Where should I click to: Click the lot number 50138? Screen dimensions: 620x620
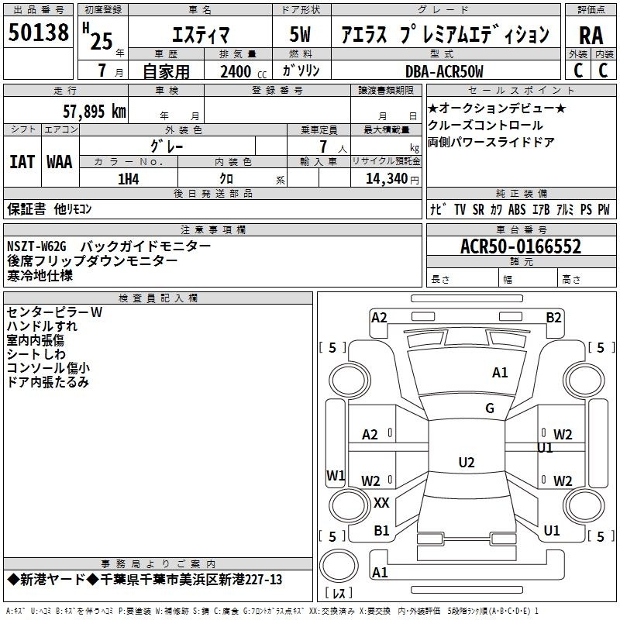pos(38,33)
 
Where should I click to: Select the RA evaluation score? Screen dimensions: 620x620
pos(591,35)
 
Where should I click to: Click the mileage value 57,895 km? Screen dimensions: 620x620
pos(94,112)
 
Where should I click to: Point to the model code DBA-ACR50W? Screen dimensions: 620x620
pos(444,71)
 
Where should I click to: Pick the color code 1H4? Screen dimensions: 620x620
pos(129,178)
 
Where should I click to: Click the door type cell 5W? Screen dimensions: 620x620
pos(302,35)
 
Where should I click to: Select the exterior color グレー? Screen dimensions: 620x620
pos(167,145)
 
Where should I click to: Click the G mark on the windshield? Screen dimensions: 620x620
pos(490,408)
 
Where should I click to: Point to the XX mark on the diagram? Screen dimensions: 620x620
pos(381,503)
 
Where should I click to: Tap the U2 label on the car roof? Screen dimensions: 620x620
pos(466,463)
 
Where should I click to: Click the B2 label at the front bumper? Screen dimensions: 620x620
pos(553,317)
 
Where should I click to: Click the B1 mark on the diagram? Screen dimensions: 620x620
pos(381,531)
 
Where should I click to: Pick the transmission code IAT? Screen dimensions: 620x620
pos(22,161)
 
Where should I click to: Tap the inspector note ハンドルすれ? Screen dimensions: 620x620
pos(42,325)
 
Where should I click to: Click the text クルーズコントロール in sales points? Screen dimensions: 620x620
pos(486,125)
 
